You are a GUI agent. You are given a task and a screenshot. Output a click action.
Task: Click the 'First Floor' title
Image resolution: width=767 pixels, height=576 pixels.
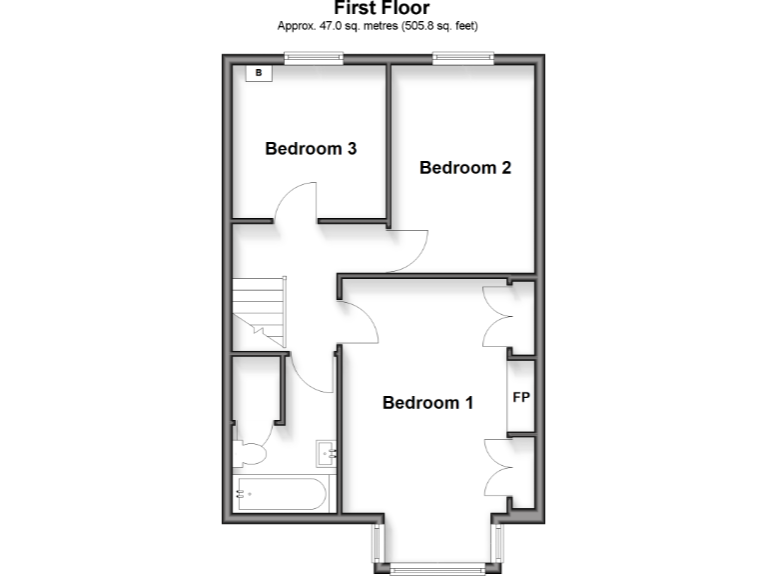pos(383,9)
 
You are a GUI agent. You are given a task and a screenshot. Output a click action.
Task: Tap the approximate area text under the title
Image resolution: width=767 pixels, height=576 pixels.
pos(383,26)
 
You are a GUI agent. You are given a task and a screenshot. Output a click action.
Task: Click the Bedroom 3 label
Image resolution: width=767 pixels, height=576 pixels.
pos(311,149)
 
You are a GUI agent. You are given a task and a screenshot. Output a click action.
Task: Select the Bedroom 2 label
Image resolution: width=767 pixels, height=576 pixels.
pos(465,167)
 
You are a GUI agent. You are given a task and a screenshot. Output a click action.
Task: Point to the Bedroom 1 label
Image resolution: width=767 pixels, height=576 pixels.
pos(428,403)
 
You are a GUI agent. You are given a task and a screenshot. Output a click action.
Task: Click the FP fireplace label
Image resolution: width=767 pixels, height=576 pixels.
pos(520,397)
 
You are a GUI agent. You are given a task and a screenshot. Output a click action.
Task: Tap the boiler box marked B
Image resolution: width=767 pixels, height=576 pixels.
pos(259,73)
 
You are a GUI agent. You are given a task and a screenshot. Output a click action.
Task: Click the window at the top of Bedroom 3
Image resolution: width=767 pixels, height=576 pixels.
pos(313,58)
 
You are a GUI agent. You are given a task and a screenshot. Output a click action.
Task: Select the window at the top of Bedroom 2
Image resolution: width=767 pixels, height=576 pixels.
pos(464,58)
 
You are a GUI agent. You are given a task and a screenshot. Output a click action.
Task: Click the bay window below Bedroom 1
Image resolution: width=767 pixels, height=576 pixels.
pos(435,568)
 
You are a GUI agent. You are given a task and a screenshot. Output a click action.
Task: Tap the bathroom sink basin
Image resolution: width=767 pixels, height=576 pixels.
pos(327,454)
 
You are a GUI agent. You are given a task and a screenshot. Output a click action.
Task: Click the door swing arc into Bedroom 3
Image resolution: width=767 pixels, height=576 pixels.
pos(296,202)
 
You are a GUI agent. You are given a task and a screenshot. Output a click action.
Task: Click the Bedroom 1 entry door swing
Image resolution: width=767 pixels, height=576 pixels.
pos(362,320)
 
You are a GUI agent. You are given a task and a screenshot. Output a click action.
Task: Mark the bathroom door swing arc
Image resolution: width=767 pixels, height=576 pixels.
pos(315,374)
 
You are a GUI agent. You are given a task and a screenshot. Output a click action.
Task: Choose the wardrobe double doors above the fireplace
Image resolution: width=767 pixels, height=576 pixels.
pos(496,318)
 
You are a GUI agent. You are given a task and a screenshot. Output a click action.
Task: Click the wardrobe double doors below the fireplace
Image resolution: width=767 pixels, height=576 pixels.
pos(496,466)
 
